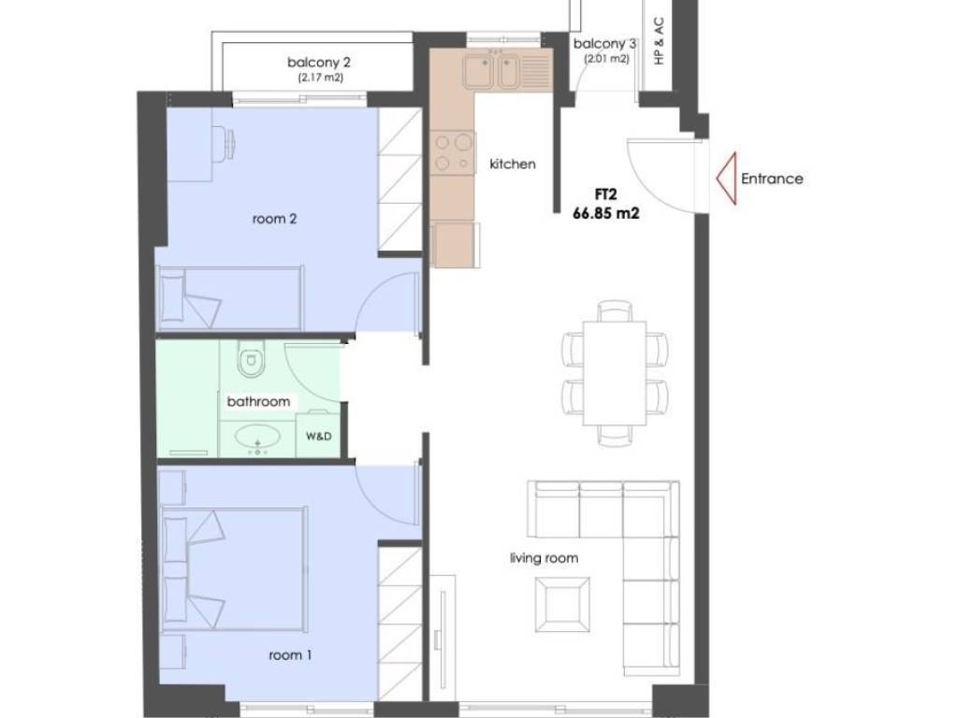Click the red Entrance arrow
click(x=727, y=179)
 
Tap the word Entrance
click(x=772, y=179)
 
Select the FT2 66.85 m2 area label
click(x=606, y=204)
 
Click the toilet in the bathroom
click(x=251, y=358)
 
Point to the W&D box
click(x=318, y=436)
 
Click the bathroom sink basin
click(x=258, y=438)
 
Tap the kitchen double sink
click(x=490, y=71)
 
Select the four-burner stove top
click(x=453, y=152)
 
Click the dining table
click(x=615, y=373)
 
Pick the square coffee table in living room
click(x=562, y=605)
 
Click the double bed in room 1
click(x=234, y=568)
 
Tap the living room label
click(x=544, y=558)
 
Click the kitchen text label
click(x=513, y=164)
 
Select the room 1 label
click(x=290, y=655)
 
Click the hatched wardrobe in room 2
click(x=400, y=179)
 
